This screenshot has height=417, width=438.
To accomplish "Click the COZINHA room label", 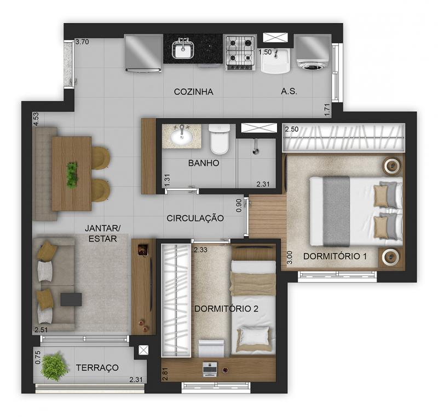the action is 193,92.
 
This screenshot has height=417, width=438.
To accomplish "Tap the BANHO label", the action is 204,163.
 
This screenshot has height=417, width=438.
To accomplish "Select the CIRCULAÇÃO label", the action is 195,218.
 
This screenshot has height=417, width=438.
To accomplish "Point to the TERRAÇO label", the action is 97,367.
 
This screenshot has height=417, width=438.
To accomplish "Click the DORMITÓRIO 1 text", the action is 335,256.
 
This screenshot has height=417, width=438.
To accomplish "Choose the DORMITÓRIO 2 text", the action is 226,309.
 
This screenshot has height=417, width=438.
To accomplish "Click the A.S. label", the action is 289,91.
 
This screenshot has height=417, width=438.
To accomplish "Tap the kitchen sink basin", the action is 183,50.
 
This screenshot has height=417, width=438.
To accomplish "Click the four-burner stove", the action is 240,52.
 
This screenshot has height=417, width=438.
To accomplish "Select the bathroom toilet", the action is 220,139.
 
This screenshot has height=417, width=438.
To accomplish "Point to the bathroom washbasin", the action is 182,137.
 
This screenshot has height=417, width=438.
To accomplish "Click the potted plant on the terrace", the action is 54,366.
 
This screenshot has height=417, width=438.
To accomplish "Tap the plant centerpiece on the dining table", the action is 72,175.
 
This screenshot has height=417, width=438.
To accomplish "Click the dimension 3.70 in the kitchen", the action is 82,42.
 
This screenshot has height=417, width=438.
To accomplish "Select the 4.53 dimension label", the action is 36,119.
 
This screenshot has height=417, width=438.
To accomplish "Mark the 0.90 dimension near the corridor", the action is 239,205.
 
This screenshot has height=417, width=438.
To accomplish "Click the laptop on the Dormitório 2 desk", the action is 210,369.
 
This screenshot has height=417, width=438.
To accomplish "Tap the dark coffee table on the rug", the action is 71,299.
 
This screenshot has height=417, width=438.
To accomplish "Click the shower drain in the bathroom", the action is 255,151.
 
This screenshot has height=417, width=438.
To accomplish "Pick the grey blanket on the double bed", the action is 336,211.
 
